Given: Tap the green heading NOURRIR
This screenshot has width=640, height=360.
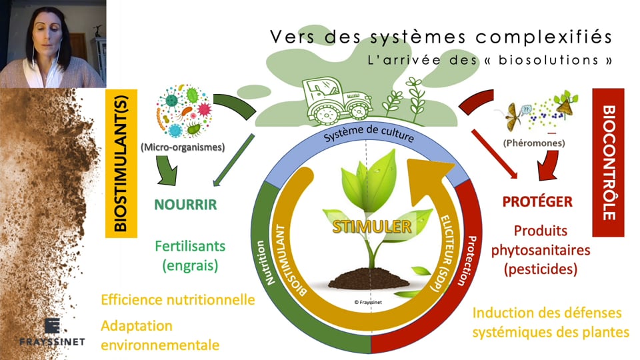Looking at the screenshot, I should coord(185,204).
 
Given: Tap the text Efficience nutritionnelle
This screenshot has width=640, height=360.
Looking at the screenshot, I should coord(178,299).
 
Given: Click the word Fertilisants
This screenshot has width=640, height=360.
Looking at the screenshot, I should coord(190,246).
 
